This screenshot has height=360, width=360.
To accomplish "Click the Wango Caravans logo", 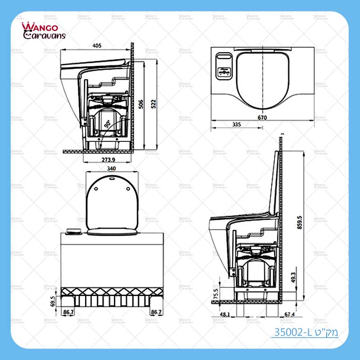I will pyautogui.click(x=44, y=31).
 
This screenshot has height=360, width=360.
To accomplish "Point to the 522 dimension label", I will pyautogui.click(x=154, y=103).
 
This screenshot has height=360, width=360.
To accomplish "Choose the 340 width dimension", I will pyautogui.click(x=112, y=168).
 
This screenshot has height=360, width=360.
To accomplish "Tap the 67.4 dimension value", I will pyautogui.click(x=290, y=314).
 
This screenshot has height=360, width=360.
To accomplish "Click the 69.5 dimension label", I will pyautogui.click(x=53, y=301).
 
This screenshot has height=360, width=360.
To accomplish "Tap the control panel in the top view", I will pyautogui.click(x=224, y=65).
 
